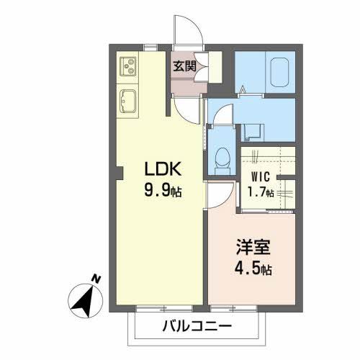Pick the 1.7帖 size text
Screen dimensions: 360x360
pyautogui.click(x=262, y=192)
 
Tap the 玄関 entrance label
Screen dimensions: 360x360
pyautogui.click(x=184, y=67)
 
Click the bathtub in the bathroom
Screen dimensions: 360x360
pyautogui.click(x=279, y=72)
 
